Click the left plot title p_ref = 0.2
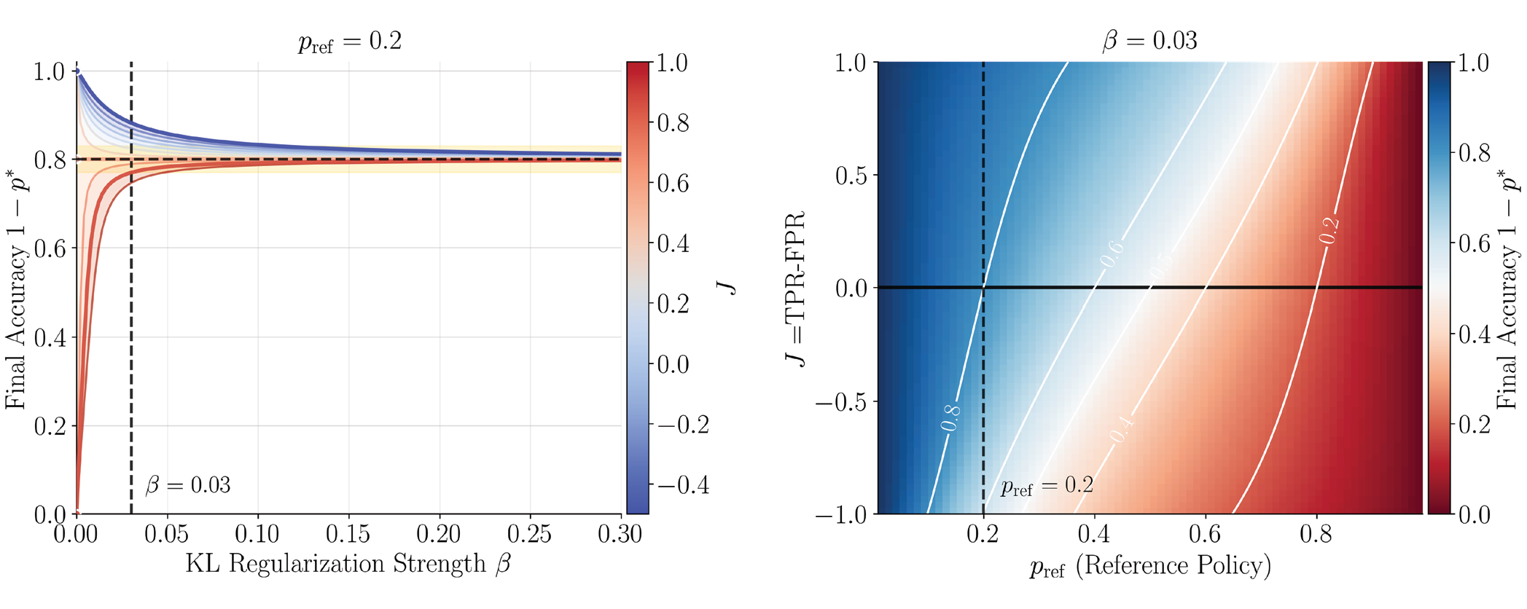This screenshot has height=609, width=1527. (350, 42)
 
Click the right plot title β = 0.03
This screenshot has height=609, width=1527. (1149, 40)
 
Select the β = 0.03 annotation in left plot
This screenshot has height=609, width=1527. (188, 485)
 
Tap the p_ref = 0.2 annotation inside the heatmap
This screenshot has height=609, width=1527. (1047, 486)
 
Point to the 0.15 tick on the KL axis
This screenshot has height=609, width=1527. (348, 535)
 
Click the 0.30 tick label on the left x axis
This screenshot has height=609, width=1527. (620, 535)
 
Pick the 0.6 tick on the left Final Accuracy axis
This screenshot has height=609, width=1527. (50, 248)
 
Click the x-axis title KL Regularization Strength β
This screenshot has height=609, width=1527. (348, 565)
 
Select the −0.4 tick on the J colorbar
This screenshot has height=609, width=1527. (683, 485)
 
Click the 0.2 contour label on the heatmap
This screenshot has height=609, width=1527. (1329, 231)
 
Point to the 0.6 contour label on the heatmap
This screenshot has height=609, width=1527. (1112, 254)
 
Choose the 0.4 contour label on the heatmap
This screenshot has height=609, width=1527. (1122, 429)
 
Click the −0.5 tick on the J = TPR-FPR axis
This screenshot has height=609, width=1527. (840, 401)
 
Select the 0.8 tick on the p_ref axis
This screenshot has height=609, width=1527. (1316, 535)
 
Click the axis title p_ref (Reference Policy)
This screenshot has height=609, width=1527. (1150, 566)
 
